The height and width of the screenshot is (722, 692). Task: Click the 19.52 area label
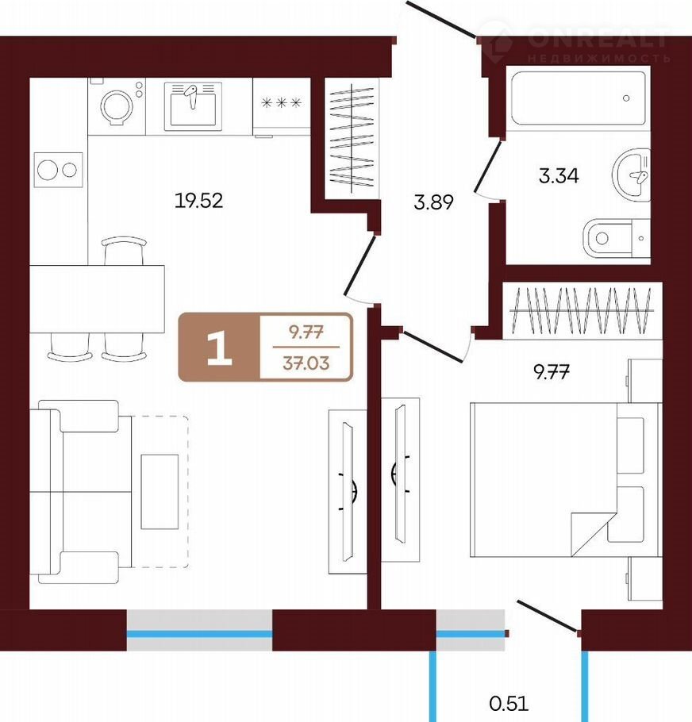click(x=199, y=200)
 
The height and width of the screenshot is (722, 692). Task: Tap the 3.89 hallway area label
click(x=434, y=202)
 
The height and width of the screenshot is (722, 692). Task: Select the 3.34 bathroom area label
click(x=559, y=176)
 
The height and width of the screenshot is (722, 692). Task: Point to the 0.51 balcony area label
click(x=509, y=704)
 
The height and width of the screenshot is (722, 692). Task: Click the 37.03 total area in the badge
click(x=306, y=363)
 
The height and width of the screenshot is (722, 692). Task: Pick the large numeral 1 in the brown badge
click(x=220, y=348)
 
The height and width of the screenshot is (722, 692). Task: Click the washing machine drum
click(x=117, y=107)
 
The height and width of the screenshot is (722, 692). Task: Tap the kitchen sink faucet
click(x=191, y=96)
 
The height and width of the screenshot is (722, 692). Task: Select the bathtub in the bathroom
click(x=579, y=98)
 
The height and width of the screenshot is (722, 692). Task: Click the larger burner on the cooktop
click(x=48, y=170)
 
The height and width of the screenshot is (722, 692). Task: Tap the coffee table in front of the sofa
click(x=160, y=492)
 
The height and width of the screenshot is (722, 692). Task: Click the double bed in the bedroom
click(x=566, y=480)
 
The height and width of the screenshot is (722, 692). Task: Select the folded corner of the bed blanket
click(x=590, y=534)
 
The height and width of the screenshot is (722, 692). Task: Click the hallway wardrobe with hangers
click(x=352, y=139)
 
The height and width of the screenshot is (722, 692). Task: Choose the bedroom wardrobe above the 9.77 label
click(x=582, y=311)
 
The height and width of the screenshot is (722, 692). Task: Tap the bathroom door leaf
click(x=487, y=167)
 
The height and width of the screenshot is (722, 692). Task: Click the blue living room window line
click(x=199, y=634)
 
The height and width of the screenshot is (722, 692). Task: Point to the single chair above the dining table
click(x=124, y=251)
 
